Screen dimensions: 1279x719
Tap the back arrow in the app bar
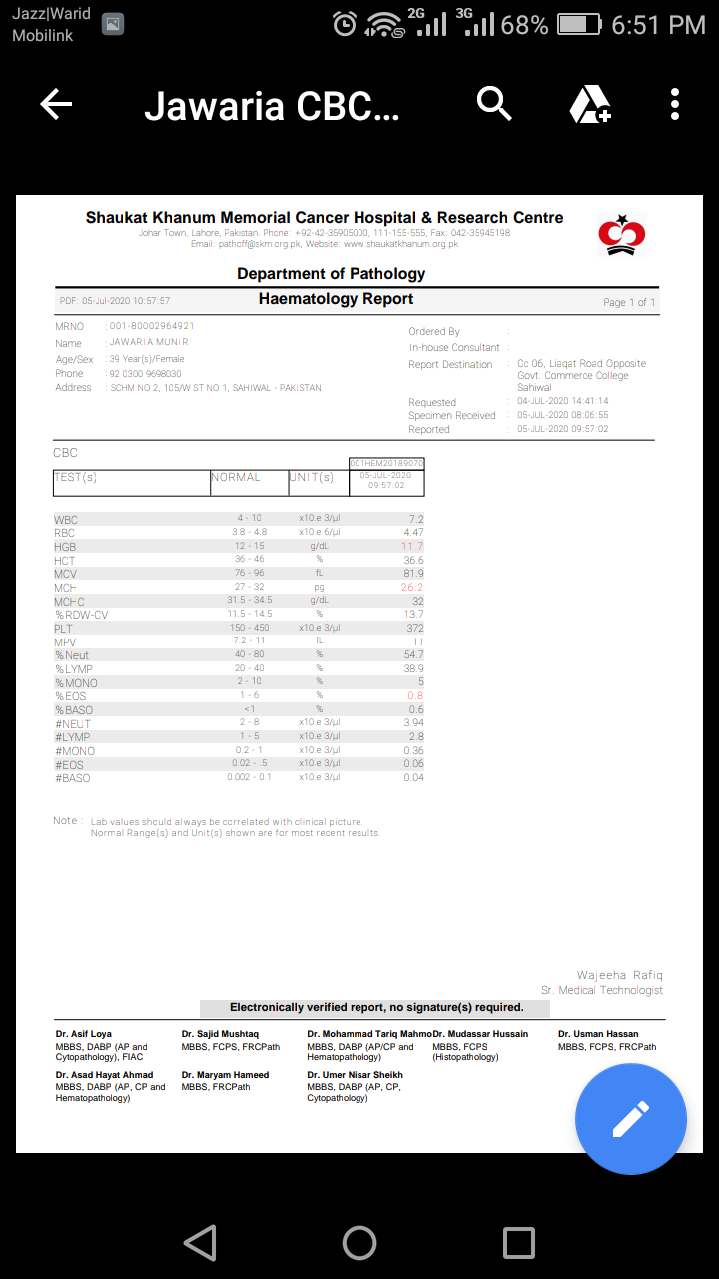pos(57,104)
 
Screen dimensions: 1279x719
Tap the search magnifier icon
pos(494,103)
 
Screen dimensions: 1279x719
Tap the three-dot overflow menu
pos(675,104)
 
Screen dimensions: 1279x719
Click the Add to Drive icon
pos(590,104)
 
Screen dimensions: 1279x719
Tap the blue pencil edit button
pos(630,1118)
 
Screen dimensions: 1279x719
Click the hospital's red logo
pos(621,233)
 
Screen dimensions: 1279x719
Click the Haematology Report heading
pos(336,299)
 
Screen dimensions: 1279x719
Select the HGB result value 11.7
pos(412,547)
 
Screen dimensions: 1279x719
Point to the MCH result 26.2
pos(412,588)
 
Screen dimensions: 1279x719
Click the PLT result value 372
pos(414,629)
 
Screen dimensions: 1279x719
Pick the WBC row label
pos(66,520)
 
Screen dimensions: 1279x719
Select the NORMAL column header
pos(236,478)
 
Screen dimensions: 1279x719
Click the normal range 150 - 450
pos(249,628)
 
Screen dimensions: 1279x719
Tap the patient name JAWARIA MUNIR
pos(149,342)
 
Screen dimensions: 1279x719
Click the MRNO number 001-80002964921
pos(152,326)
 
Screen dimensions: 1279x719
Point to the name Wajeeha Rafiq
pos(619,975)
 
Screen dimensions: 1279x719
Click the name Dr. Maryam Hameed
pos(225,1075)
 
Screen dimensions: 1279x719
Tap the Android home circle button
pos(359,1242)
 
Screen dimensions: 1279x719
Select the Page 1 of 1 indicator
pos(629,302)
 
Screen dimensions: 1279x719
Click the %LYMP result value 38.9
pos(412,668)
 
